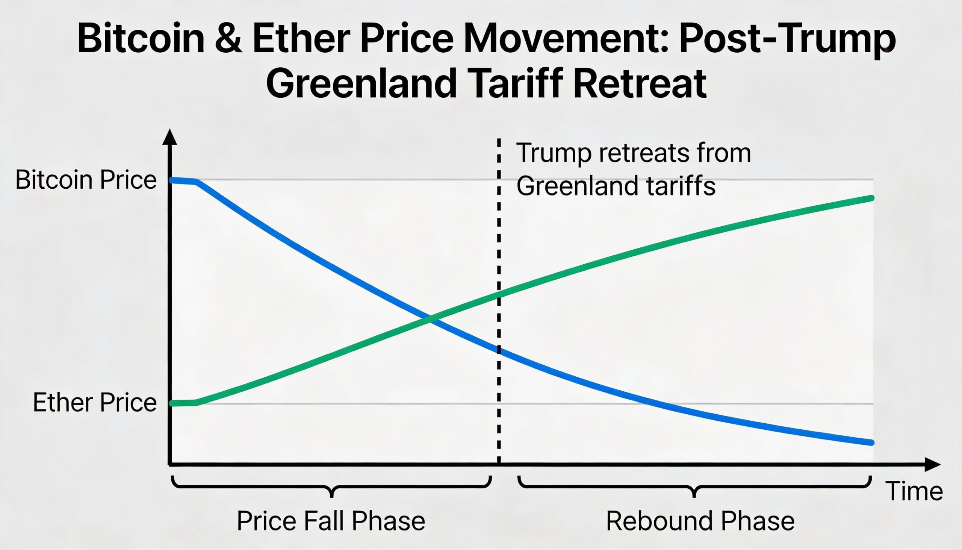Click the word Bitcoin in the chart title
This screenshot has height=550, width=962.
tap(141, 39)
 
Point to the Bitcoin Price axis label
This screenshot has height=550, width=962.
tap(86, 180)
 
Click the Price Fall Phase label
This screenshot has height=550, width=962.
tap(331, 521)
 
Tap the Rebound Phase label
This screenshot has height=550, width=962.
tap(700, 521)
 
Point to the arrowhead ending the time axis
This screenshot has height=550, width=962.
tap(932, 464)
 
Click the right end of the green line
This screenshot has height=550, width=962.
tap(872, 198)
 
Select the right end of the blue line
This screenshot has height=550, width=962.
tap(871, 443)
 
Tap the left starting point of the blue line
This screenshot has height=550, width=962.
tap(172, 180)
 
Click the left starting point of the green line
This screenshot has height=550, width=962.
tap(172, 403)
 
